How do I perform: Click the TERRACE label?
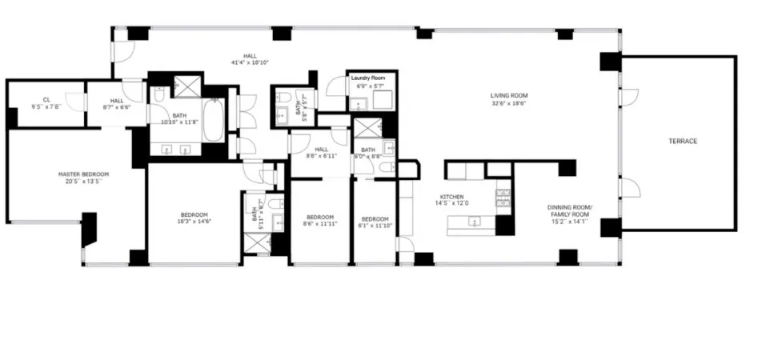pyautogui.click(x=683, y=142)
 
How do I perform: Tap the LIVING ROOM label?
pyautogui.click(x=509, y=96)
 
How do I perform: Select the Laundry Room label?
pyautogui.click(x=368, y=78)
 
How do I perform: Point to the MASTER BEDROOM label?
pyautogui.click(x=83, y=174)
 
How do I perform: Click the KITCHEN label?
pyautogui.click(x=452, y=196)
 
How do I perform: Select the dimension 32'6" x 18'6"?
pyautogui.click(x=509, y=104)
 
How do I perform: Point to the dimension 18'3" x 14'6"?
pyautogui.click(x=195, y=222)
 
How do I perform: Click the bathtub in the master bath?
pyautogui.click(x=214, y=119)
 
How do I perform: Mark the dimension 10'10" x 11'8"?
pyautogui.click(x=180, y=122)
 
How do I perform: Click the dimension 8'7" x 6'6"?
pyautogui.click(x=117, y=106)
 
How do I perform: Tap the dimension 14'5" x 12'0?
pyautogui.click(x=452, y=203)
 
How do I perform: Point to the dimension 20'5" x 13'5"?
pyautogui.click(x=83, y=181)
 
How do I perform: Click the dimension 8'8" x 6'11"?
pyautogui.click(x=321, y=156)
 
